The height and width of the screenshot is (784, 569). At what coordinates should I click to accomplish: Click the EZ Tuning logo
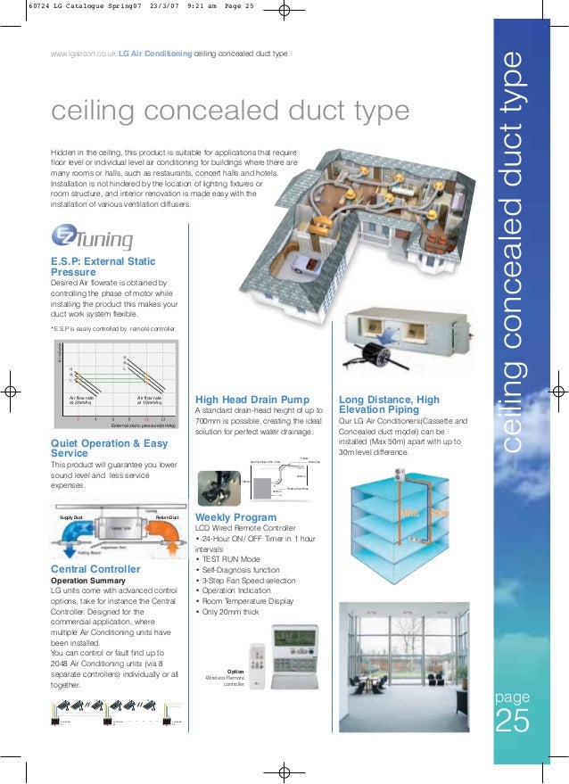click(x=92, y=238)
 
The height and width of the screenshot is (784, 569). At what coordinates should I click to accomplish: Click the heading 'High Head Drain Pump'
click(x=252, y=399)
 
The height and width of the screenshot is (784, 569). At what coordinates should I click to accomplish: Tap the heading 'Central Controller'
click(x=95, y=568)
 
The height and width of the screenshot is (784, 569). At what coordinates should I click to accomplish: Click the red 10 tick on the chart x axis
click(x=145, y=418)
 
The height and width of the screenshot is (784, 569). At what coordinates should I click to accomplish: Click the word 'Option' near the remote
click(x=235, y=671)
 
